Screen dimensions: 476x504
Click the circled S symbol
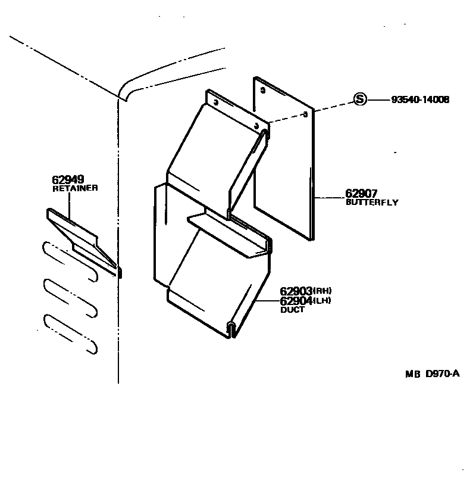[360, 99]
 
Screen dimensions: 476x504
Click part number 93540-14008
[420, 100]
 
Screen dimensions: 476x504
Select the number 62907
[361, 193]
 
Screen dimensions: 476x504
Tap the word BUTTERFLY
[372, 203]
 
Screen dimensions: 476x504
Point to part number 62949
[68, 179]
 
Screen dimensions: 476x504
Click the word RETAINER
[76, 188]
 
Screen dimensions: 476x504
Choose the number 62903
[296, 291]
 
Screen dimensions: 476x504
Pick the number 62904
[296, 300]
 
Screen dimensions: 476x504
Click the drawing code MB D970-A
[433, 374]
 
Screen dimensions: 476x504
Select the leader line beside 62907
[329, 197]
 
